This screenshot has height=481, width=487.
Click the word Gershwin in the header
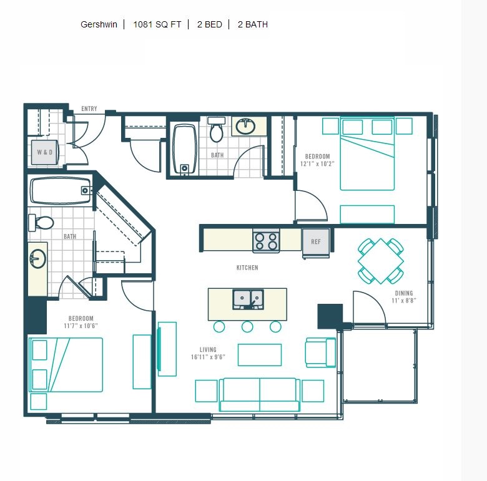coord(99,24)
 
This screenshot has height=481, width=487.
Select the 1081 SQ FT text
coord(157,24)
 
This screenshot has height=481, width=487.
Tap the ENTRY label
coord(89,109)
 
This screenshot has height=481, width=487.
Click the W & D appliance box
coord(45,152)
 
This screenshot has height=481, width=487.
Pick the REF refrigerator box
coord(316,242)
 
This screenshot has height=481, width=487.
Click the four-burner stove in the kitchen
coord(266,241)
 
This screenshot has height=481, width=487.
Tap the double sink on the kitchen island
coord(248,299)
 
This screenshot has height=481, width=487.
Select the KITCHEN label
coord(247,268)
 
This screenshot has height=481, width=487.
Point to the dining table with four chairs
coord(381,261)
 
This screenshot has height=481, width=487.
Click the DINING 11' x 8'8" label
coord(404,297)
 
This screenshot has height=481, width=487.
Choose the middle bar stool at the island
coord(247,326)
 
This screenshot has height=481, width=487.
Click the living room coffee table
coord(260,355)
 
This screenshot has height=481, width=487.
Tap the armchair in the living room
coord(320,352)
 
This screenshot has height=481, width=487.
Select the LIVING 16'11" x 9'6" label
coord(208,353)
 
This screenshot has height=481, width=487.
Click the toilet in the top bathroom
coord(217,129)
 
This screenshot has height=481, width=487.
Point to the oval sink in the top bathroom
coord(245,126)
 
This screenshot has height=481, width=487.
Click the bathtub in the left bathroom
coord(61,190)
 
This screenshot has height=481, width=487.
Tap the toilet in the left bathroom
coord(41,223)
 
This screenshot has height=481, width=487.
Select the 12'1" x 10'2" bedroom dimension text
coord(317,164)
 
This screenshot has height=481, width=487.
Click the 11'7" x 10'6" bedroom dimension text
coord(81,326)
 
